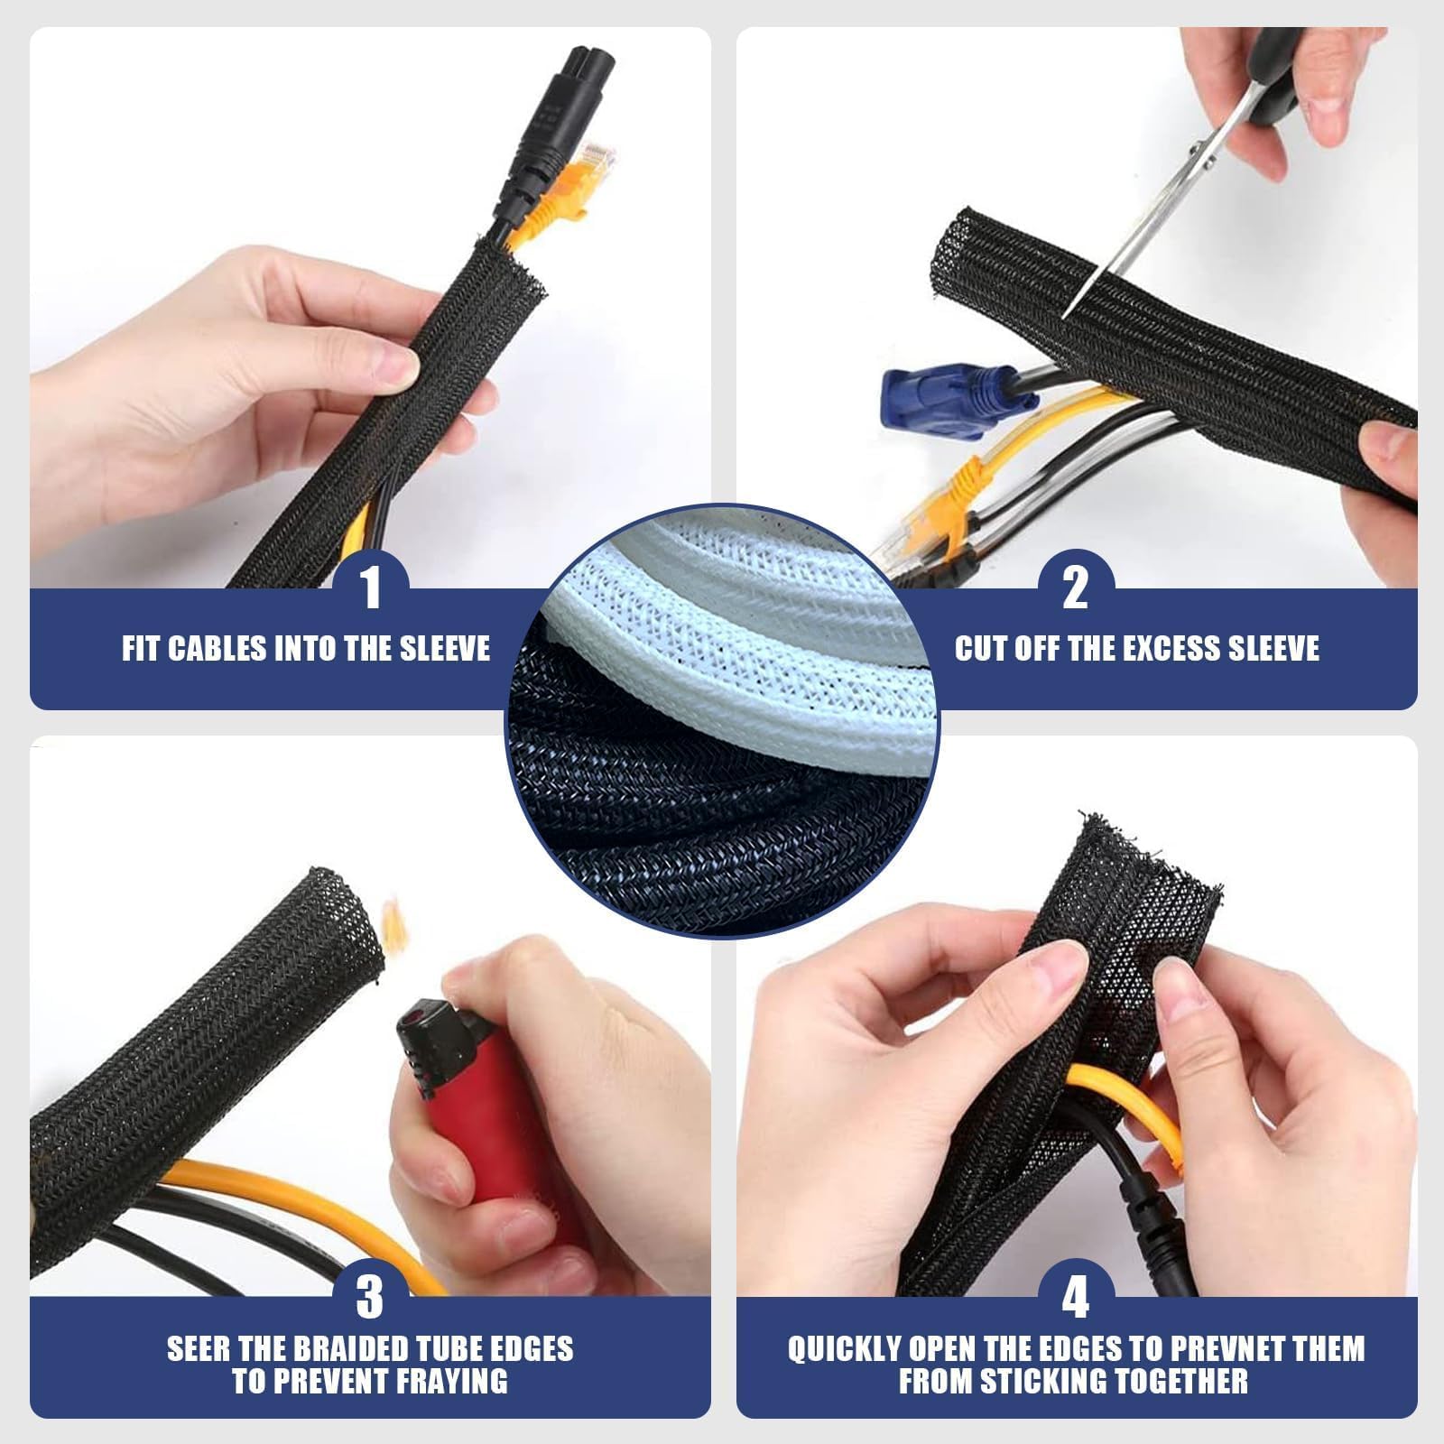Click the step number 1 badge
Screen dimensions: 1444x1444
pos(371,588)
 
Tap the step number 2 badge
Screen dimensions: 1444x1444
pos(1075,588)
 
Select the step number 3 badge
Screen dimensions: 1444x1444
pos(371,1298)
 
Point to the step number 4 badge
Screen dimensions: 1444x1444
pos(1075,1298)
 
